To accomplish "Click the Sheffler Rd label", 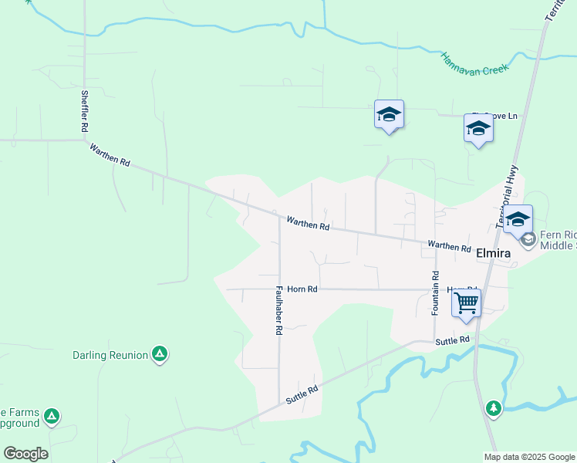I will coord(85,113).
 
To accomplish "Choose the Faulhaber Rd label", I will coord(279,310).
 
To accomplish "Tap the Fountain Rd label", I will coord(436,292).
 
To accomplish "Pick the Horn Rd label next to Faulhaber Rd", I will coord(302,289).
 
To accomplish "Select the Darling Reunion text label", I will coord(110,355).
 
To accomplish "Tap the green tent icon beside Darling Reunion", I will coord(160,354).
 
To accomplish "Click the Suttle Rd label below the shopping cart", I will coord(452,340).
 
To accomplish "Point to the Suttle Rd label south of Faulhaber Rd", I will coord(302,396).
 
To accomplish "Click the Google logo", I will coord(25,454).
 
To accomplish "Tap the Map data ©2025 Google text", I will coord(529,457).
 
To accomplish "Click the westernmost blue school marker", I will coord(389,116).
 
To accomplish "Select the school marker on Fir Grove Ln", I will coord(478,129).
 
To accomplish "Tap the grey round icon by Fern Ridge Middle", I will coord(528,240).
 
